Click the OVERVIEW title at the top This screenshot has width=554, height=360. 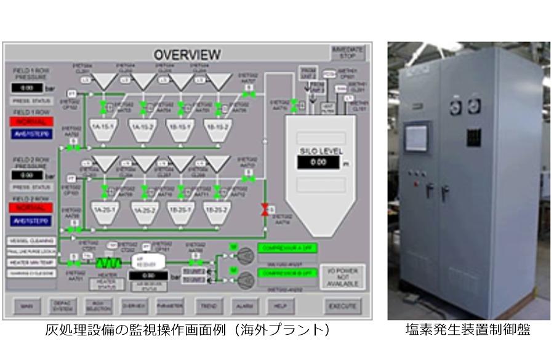coord(187,55)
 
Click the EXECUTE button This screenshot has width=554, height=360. coord(343,305)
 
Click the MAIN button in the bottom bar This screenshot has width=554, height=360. coord(26,305)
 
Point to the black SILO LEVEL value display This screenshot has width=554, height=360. coord(318,162)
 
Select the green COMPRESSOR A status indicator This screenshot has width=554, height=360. coord(287,248)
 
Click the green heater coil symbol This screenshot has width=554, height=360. coord(104,262)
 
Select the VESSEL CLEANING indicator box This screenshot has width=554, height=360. coord(31,241)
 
